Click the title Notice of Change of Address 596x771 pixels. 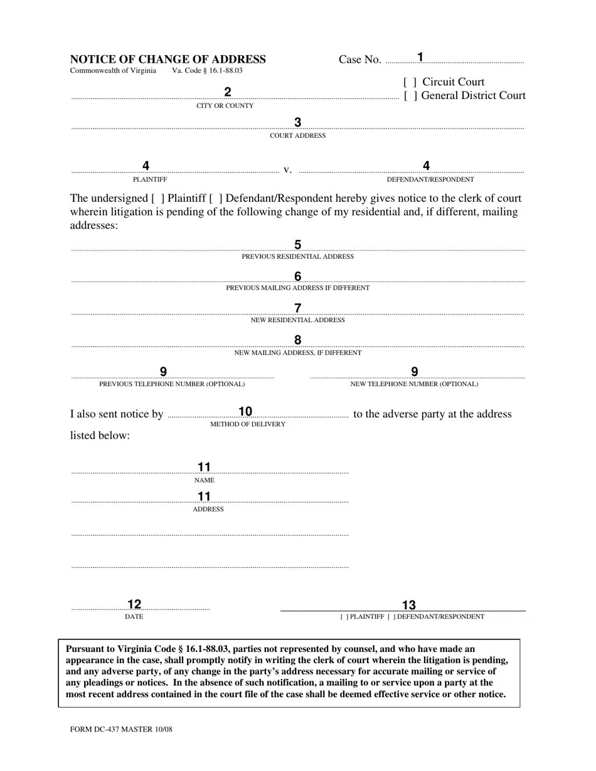tap(168, 60)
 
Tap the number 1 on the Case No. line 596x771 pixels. tap(420, 57)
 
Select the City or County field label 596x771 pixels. tap(225, 106)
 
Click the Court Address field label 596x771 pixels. tap(297, 135)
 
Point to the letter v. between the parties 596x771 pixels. tap(287, 170)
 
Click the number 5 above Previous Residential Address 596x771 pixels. tap(297, 244)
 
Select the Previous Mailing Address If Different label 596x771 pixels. tap(297, 288)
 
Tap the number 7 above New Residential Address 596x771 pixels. tap(297, 308)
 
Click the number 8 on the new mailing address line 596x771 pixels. tap(297, 340)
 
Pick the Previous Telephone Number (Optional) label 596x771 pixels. tap(172, 384)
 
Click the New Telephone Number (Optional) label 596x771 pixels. tap(414, 384)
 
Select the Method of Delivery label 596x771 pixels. tap(247, 424)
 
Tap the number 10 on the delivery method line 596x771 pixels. tap(245, 412)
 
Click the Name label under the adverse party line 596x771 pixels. tap(204, 480)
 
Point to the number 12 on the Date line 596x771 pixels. tap(134, 604)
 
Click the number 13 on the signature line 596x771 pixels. tap(408, 605)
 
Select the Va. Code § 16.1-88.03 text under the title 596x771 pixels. tap(207, 71)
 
